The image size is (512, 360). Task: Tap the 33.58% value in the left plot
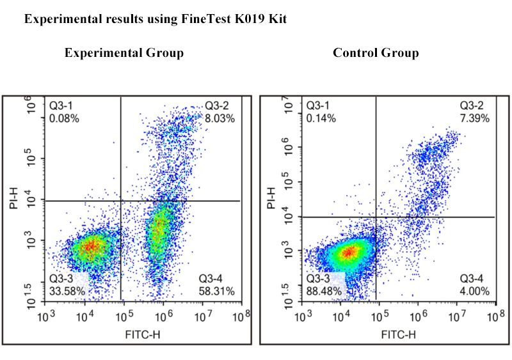pos(67,292)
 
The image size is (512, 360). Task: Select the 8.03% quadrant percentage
pos(220,118)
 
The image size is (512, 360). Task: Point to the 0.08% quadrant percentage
pos(64,118)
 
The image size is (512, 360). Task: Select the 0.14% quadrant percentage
pos(320,118)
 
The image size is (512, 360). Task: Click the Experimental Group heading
pos(124,53)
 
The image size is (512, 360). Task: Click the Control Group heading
pos(376,53)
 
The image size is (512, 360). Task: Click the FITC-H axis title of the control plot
pos(399,334)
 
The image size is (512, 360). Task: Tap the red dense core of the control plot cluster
pos(348,252)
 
